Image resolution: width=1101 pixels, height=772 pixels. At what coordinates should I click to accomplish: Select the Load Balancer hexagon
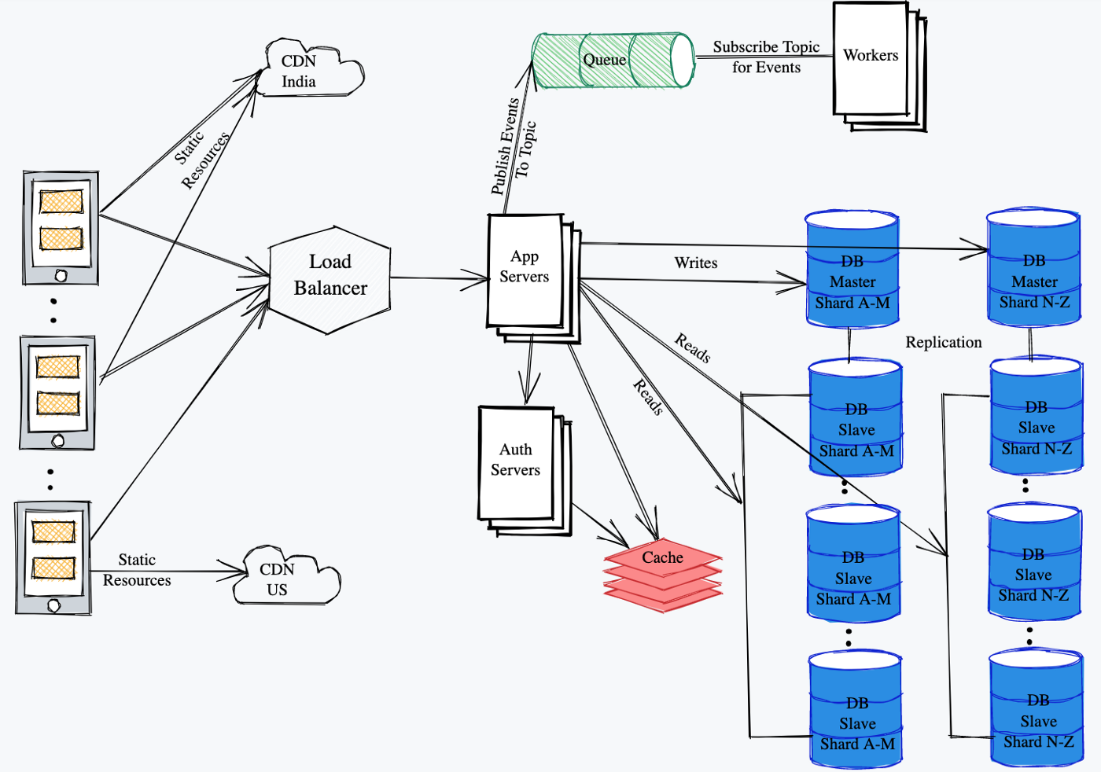pos(330,277)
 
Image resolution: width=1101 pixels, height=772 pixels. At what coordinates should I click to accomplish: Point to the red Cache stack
pos(662,574)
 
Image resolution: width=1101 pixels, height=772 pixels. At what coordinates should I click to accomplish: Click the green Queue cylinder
pos(613,61)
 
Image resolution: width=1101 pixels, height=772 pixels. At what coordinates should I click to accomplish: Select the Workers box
pos(871,60)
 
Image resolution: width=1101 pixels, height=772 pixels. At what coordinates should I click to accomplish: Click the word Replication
pos(944,342)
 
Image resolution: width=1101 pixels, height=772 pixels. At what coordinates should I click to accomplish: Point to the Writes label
pos(696,263)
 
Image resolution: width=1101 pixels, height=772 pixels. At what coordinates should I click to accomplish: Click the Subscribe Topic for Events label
pos(766,57)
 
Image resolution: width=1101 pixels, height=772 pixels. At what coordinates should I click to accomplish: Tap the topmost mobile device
pos(61,227)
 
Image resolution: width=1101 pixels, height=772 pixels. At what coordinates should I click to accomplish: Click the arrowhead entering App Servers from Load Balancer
pos(480,278)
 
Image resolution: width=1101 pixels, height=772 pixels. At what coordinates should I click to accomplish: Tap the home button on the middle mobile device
pos(57,441)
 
